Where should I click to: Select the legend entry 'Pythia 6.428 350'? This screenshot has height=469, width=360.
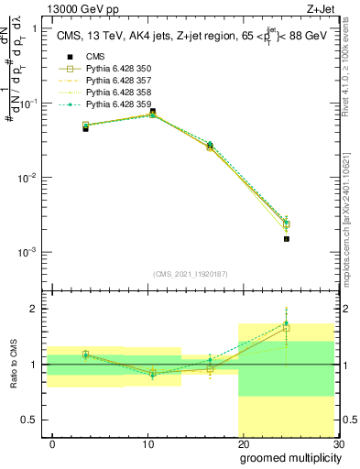click(117, 69)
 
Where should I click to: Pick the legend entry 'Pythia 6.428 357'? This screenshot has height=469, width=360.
click(117, 81)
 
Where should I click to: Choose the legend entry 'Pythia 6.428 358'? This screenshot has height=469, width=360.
click(117, 93)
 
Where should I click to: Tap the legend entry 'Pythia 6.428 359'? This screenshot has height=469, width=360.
click(117, 104)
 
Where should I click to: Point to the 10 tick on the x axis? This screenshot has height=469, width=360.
click(148, 442)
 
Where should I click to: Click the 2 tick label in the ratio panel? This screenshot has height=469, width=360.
click(33, 309)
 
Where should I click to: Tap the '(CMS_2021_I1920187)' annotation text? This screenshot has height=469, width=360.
click(191, 274)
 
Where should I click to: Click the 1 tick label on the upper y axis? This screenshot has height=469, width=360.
click(34, 28)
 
